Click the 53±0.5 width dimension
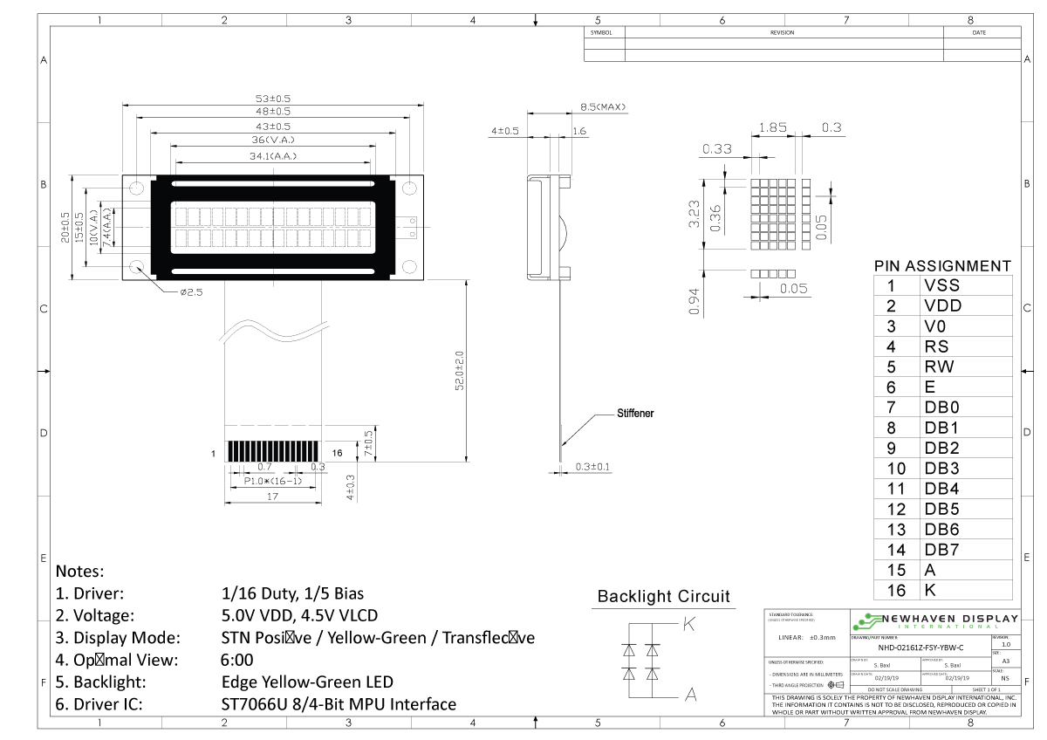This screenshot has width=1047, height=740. tap(273, 99)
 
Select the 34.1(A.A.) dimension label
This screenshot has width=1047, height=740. tap(273, 156)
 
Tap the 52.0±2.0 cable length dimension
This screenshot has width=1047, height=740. tap(460, 371)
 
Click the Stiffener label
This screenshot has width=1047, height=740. tap(635, 413)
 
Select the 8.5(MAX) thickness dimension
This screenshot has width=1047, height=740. tap(603, 107)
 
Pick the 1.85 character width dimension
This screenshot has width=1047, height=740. tap(773, 127)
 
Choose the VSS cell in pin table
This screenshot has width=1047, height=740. tap(941, 285)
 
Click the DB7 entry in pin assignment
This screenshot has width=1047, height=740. tap(941, 550)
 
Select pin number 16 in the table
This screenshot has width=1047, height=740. tap(896, 590)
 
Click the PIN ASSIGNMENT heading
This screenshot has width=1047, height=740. tap(942, 265)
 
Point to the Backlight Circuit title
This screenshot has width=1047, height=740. tap(663, 597)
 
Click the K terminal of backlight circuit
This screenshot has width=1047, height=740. tap(688, 624)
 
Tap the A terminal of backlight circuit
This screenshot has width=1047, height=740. tap(690, 695)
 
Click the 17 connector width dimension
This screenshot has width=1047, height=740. tap(273, 497)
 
